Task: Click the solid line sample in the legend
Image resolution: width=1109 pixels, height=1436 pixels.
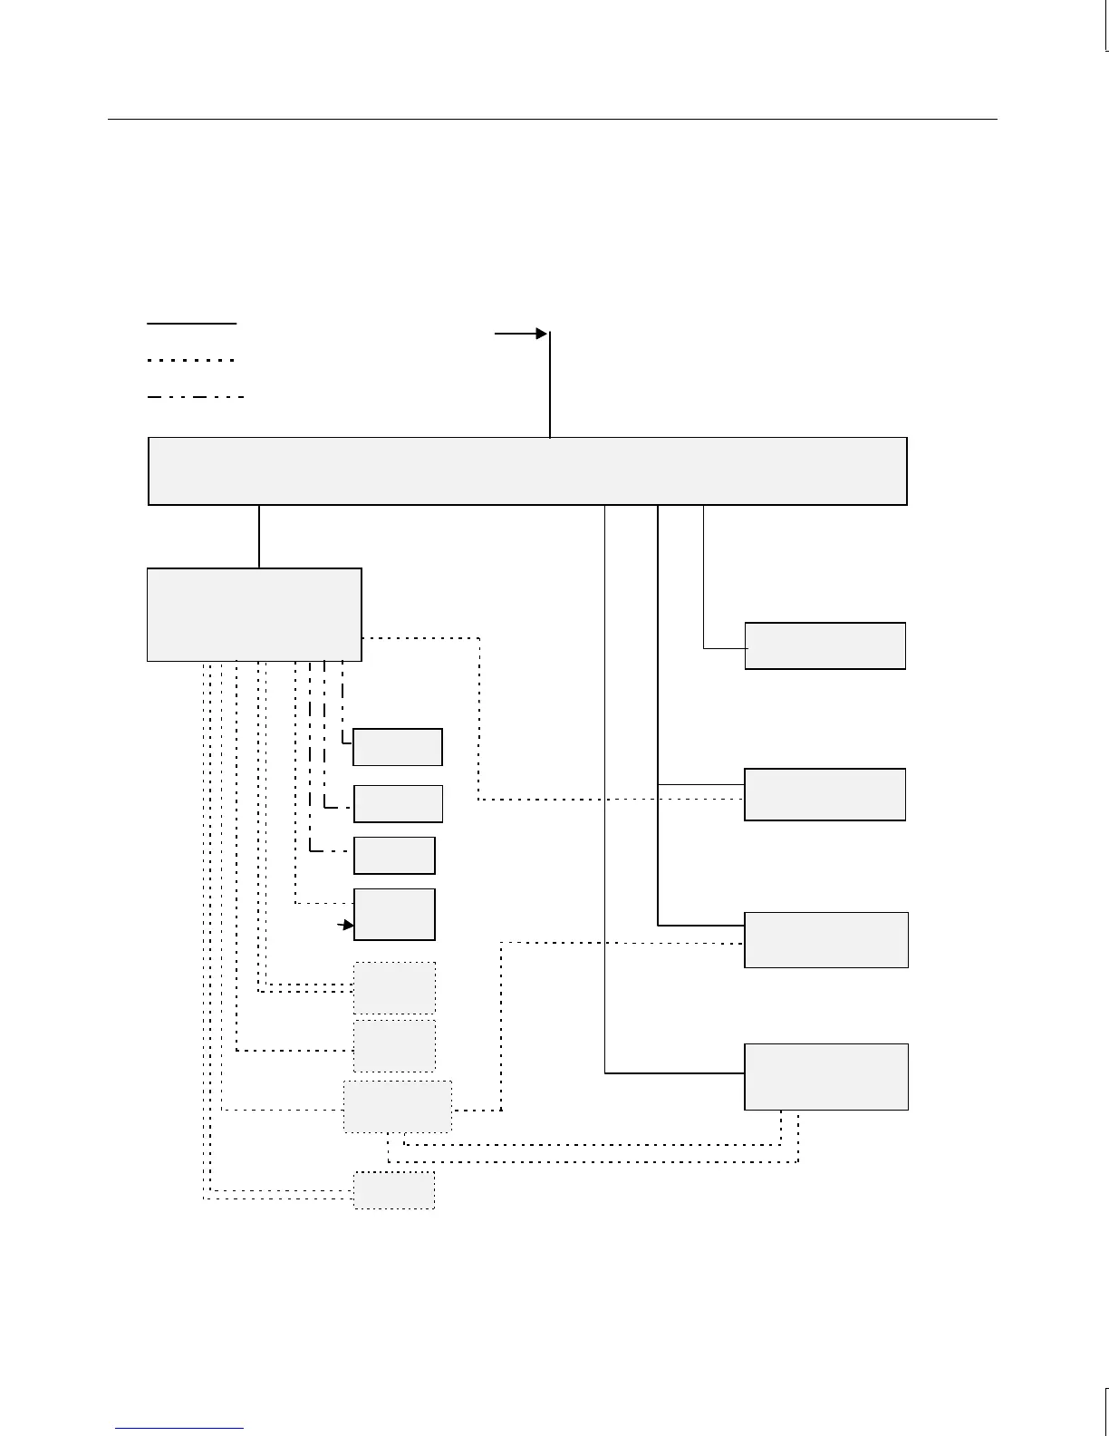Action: click(191, 323)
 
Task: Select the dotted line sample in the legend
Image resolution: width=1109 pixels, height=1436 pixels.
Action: click(191, 360)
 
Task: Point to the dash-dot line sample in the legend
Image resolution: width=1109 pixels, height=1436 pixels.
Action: click(195, 397)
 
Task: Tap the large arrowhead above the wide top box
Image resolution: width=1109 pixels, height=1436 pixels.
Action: click(541, 334)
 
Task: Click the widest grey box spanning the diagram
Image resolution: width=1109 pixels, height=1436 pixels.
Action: click(527, 471)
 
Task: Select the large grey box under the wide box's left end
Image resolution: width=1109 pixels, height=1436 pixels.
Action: click(255, 615)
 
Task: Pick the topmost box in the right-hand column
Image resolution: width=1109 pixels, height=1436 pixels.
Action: click(825, 645)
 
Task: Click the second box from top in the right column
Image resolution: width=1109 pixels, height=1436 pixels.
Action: click(825, 794)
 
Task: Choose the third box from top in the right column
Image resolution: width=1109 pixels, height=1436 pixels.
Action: click(825, 940)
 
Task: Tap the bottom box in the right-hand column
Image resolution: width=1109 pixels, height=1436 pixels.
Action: click(825, 1077)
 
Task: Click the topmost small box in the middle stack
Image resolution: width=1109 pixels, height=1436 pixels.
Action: click(398, 747)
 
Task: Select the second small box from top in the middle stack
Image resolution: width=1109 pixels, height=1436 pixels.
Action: click(398, 803)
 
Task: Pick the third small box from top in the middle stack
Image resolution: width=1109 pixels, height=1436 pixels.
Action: click(394, 855)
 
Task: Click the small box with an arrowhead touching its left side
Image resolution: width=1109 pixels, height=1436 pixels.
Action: click(394, 915)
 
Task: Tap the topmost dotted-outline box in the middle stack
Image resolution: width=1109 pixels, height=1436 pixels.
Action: click(394, 987)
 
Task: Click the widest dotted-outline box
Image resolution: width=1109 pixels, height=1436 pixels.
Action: click(397, 1106)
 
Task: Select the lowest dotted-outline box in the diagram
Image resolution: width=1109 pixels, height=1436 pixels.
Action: click(393, 1189)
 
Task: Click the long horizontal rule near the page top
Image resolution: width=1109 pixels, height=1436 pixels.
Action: click(553, 119)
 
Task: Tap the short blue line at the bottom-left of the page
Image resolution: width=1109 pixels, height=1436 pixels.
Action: click(179, 1428)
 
